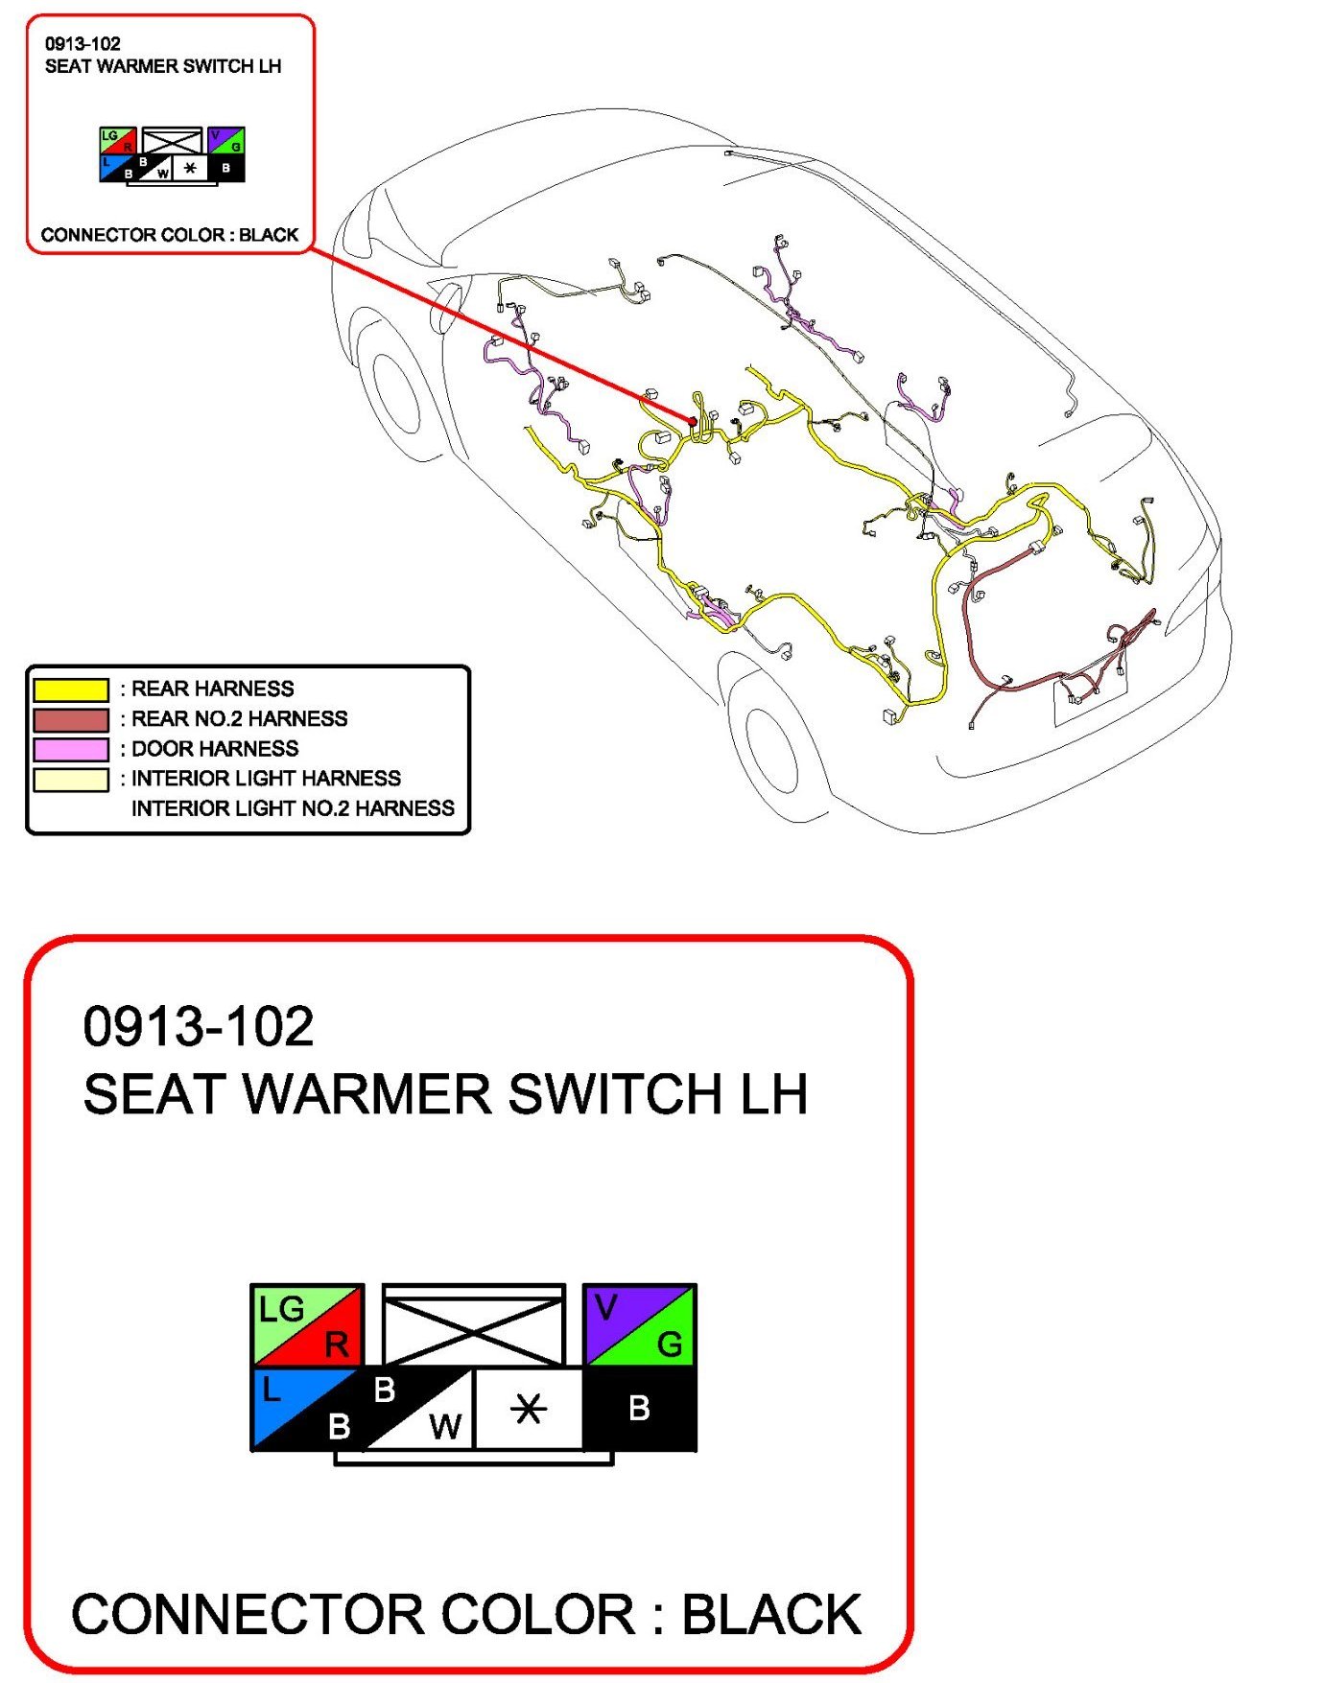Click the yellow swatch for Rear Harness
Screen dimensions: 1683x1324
pos(71,690)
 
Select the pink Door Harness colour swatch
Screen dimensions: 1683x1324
pos(71,749)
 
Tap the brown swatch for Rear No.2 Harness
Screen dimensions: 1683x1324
pos(71,719)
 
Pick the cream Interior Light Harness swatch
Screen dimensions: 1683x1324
pos(71,779)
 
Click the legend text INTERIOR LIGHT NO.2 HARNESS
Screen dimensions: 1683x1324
pos(293,808)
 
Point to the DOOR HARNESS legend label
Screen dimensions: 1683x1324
pos(215,749)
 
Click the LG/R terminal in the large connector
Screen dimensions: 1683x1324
pos(307,1325)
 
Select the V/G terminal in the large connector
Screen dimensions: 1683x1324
pos(640,1325)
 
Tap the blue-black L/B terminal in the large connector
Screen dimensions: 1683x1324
pos(307,1408)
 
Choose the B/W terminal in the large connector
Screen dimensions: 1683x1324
pos(419,1408)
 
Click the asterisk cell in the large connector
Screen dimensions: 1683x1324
pos(529,1408)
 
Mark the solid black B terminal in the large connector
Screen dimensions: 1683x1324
pos(640,1408)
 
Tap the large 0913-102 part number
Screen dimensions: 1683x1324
pos(199,1027)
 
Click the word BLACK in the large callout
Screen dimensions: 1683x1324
pos(771,1615)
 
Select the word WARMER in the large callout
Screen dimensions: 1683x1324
pos(367,1094)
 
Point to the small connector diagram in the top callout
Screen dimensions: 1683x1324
pos(172,154)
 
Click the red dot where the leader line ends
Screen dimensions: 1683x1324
pos(693,421)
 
